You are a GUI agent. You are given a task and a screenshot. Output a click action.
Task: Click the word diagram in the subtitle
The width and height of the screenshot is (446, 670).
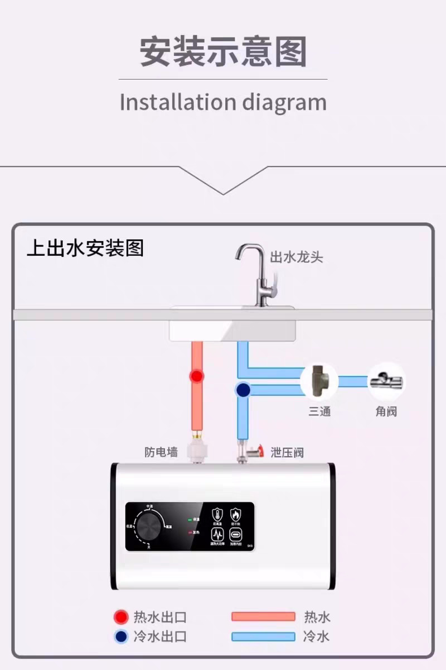point(284,103)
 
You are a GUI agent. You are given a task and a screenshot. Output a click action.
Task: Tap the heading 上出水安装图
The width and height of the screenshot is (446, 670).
point(85,247)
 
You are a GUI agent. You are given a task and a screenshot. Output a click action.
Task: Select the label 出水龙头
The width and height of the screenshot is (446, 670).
point(296,257)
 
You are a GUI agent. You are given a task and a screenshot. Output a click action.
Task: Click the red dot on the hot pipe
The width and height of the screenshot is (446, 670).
point(196,376)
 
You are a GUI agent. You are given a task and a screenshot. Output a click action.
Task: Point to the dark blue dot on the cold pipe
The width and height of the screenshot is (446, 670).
point(243,390)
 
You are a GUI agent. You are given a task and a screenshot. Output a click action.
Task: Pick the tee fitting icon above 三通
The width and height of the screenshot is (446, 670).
point(319,381)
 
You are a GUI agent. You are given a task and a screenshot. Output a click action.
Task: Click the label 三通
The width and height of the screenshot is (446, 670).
point(319,412)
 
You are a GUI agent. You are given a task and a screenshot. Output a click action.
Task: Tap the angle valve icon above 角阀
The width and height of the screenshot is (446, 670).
point(386,381)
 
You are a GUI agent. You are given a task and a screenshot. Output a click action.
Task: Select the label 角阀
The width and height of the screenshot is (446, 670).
point(386,412)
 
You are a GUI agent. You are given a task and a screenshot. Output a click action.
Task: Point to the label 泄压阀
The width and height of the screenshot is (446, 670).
point(287,452)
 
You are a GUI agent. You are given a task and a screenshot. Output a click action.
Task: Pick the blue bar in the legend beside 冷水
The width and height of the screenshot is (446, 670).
point(263,636)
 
